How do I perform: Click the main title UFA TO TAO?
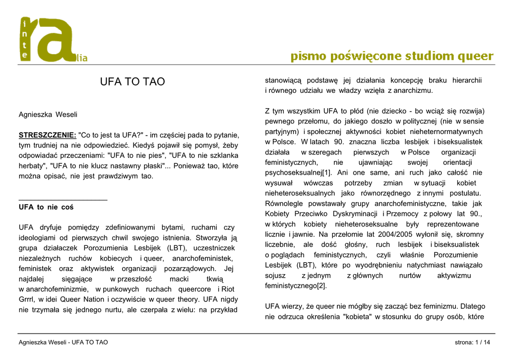(132, 82)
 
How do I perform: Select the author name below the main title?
(48, 114)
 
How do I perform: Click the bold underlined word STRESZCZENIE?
(47, 135)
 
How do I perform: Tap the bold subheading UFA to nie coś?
(46, 207)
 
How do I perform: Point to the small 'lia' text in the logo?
(81, 58)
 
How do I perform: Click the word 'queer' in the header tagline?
(475, 56)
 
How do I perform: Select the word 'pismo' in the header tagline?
(306, 56)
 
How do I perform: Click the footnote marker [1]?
(327, 173)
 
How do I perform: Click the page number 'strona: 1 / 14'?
(472, 343)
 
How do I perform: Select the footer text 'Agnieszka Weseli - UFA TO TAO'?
(63, 343)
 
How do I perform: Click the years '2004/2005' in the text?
(374, 234)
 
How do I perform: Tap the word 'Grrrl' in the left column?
(28, 299)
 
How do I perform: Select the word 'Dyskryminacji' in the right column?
(356, 214)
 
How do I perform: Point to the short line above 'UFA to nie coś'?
(63, 199)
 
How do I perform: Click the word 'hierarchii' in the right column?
(466, 80)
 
